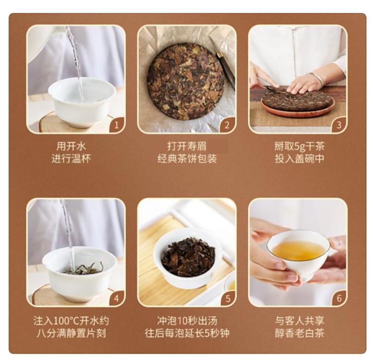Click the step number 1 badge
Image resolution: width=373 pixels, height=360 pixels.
117,125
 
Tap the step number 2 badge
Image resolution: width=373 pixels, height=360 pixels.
228,125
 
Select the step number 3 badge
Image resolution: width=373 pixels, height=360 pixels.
339,125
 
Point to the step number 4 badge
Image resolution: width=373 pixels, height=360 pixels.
117,298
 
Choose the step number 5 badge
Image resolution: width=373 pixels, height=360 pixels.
228,298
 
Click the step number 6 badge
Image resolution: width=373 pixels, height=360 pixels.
339,298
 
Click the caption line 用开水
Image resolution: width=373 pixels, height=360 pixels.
71,146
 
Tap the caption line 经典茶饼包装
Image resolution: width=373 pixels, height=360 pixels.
187,159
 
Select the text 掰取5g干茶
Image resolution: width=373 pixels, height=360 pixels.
299,146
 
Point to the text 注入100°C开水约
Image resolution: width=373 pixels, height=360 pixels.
71,321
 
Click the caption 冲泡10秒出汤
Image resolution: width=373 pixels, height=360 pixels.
187,321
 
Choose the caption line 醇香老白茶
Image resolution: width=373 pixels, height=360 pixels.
299,333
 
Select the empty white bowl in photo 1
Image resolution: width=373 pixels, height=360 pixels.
82,103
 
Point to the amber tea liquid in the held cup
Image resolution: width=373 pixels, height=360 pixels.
298,250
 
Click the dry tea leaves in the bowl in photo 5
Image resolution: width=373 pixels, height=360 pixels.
188,256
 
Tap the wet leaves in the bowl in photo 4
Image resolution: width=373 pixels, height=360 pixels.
83,268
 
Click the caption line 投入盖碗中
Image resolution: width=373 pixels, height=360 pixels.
299,159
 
